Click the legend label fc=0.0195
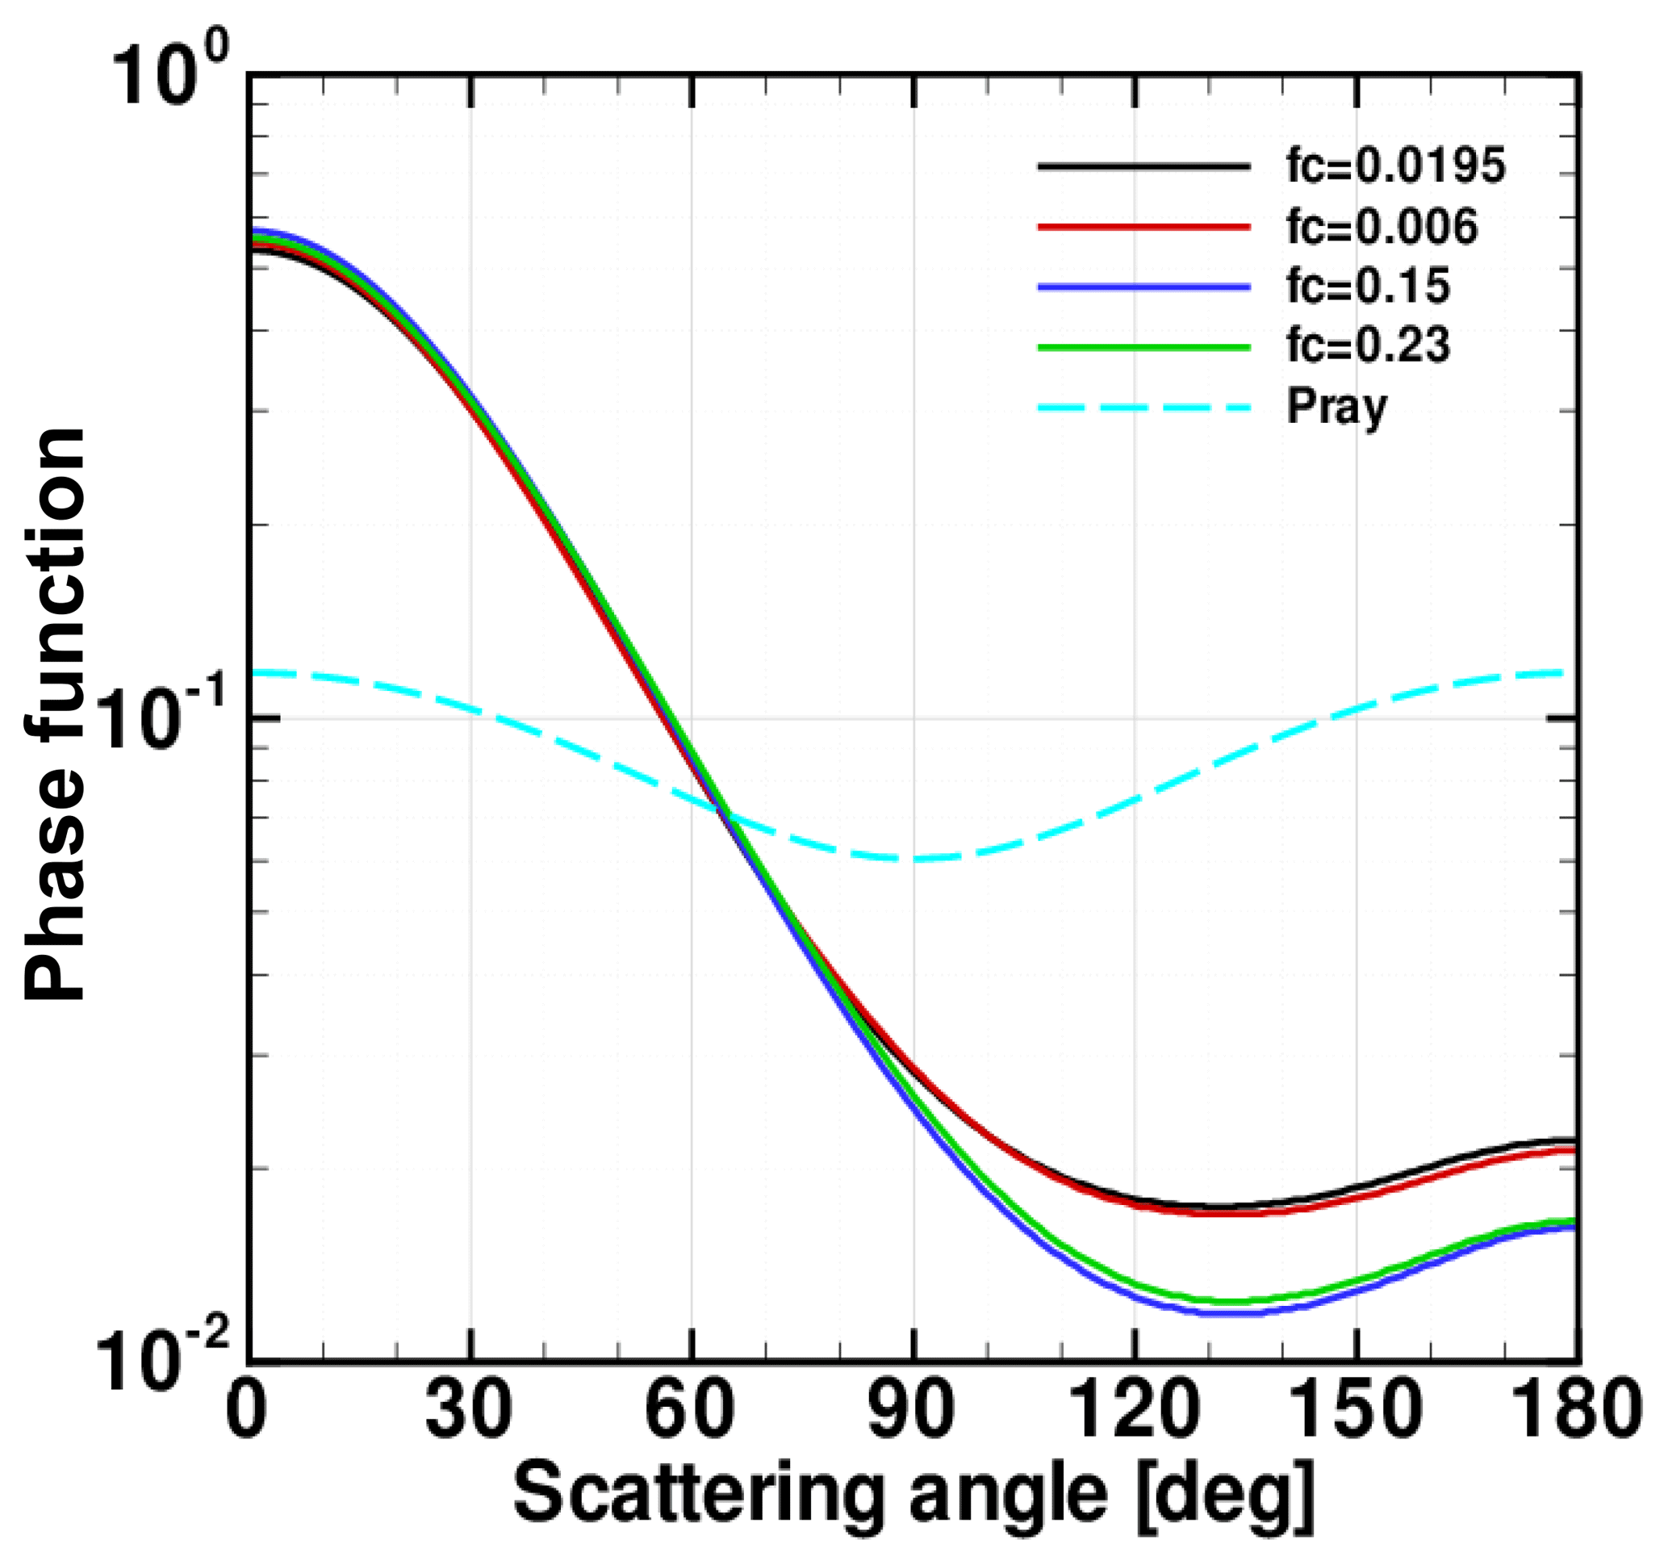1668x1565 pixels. pyautogui.click(x=1396, y=166)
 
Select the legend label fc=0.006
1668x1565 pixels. pyautogui.click(x=1382, y=227)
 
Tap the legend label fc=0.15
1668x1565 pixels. pyautogui.click(x=1369, y=287)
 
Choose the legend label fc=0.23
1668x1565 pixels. pyautogui.click(x=1369, y=345)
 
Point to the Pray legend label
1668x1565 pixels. pyautogui.click(x=1336, y=408)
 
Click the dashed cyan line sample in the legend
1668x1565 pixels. pyautogui.click(x=1144, y=408)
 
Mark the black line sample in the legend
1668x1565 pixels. pyautogui.click(x=1144, y=166)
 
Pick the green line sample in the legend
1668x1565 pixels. pyautogui.click(x=1144, y=346)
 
